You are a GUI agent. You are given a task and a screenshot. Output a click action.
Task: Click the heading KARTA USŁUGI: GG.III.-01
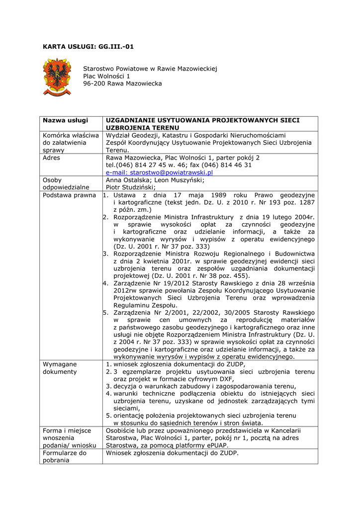coord(88,47)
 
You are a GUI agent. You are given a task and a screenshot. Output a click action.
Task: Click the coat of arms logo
coord(57,77)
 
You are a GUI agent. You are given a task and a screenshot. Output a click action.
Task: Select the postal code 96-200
coord(94,84)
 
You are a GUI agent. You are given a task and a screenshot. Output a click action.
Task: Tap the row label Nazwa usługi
coord(65,120)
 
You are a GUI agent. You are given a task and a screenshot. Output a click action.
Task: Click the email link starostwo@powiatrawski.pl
coord(159,172)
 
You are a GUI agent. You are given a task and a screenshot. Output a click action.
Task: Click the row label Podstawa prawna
coord(69,195)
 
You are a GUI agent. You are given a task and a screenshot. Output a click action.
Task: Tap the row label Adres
coord(52,158)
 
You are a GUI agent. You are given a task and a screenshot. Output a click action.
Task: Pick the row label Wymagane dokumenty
coord(60,368)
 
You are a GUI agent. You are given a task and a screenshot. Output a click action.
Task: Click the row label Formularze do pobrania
coord(65,456)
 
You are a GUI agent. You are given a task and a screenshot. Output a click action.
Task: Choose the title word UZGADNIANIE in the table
coord(131,120)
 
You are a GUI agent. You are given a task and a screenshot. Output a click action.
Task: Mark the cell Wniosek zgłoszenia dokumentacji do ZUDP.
coord(172,453)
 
